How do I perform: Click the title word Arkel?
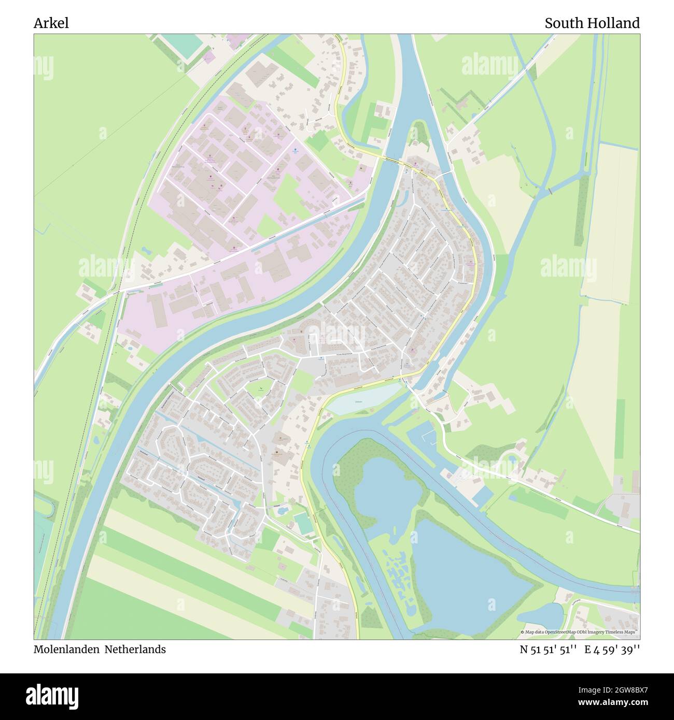[51, 23]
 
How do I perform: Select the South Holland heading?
[592, 23]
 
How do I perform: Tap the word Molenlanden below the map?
[67, 649]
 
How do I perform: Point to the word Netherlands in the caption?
[135, 649]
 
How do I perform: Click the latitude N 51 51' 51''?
[549, 650]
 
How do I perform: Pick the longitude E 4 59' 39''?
[612, 650]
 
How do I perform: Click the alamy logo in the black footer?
[52, 696]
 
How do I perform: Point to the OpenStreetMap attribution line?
[580, 632]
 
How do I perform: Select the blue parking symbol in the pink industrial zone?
[295, 151]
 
